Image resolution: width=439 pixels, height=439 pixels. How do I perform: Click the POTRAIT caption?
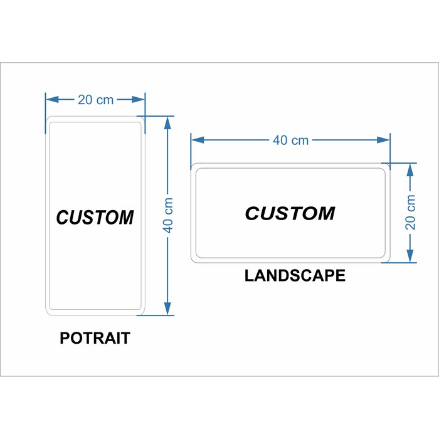pos(95,338)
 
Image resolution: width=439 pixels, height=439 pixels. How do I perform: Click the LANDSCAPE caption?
pos(295,275)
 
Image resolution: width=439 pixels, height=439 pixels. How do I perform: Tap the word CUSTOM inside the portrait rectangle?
pos(95,217)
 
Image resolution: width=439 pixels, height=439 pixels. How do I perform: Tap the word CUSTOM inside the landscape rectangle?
pos(290,213)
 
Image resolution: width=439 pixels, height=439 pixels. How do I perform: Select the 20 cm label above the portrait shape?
pos(95,100)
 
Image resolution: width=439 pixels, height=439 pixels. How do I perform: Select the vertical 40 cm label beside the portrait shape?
pos(168,215)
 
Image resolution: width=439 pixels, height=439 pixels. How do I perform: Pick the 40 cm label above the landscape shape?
pos(290,140)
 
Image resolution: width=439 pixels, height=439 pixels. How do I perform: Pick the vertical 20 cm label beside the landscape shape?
pos(410,213)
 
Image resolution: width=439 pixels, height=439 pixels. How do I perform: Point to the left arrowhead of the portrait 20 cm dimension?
pos(52,99)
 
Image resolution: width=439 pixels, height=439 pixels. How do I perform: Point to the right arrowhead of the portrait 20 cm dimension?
pos(139,99)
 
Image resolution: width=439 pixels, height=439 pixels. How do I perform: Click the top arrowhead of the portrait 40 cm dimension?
pos(167,123)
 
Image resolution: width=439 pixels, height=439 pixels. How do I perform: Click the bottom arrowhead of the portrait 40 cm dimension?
pos(167,309)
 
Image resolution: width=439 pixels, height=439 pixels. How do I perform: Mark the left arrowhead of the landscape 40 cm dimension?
pos(198,140)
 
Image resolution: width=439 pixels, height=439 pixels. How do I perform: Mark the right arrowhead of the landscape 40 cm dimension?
pos(383,140)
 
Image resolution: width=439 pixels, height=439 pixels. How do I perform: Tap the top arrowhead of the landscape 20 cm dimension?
pos(410,170)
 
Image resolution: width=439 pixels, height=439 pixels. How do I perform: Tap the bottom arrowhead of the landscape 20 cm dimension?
pos(410,256)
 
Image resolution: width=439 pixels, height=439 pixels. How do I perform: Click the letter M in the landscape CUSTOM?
pos(325,213)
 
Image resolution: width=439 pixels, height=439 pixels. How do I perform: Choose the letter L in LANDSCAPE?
pos(249,275)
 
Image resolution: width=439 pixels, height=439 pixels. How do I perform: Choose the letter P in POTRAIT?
pos(65,338)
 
